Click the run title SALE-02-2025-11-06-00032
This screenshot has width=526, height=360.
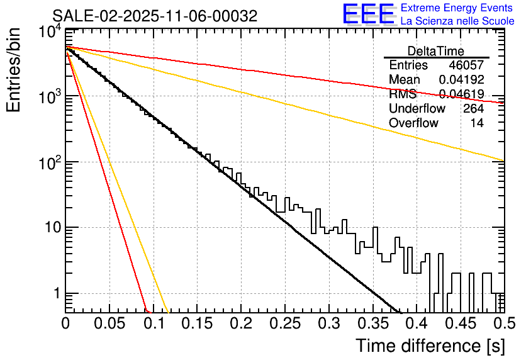point(155,16)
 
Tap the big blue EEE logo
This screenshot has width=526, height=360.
point(368,14)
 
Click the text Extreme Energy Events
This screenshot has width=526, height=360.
point(457,8)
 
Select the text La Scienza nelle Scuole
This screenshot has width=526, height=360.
point(457,21)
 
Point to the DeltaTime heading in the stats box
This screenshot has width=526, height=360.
point(435,51)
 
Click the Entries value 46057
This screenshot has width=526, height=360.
point(466,65)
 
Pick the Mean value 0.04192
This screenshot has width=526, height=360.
point(461,80)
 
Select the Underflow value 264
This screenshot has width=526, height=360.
point(473,109)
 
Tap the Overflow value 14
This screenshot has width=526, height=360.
point(477,123)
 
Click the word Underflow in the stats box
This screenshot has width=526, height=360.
point(417,109)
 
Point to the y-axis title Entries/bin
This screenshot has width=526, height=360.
point(13,70)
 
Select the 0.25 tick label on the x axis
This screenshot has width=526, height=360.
point(284,324)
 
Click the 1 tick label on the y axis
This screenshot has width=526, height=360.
point(55,293)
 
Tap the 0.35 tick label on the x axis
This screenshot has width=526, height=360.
point(372,324)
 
